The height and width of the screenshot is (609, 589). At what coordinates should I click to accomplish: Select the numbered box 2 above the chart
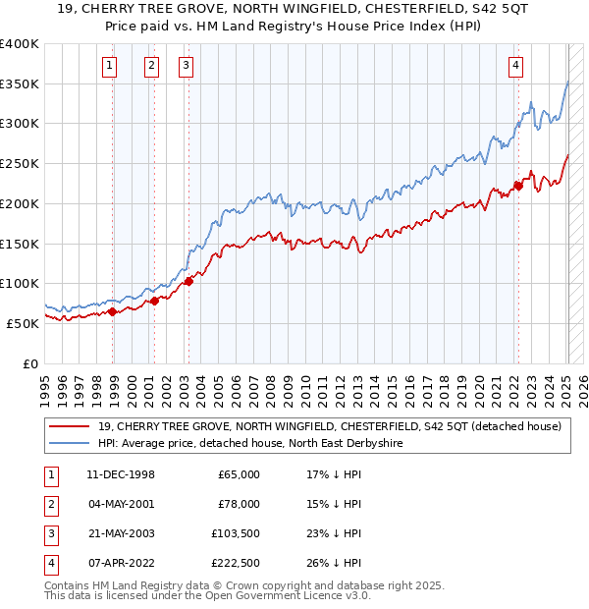(x=152, y=66)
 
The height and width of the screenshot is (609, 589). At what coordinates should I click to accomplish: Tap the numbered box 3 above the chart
(x=186, y=66)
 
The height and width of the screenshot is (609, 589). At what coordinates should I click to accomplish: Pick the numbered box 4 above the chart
(x=515, y=66)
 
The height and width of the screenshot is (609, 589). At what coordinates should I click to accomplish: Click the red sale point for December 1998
(x=113, y=311)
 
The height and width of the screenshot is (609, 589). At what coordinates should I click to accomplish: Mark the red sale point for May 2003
(x=189, y=281)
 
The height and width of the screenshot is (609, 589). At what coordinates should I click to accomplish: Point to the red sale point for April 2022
(x=518, y=186)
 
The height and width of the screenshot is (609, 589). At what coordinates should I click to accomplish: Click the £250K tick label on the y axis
(x=20, y=163)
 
